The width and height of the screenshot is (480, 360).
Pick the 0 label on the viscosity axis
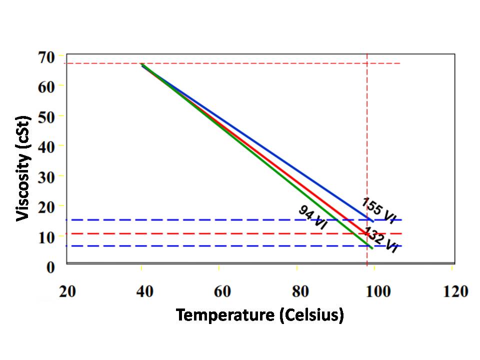click(x=51, y=267)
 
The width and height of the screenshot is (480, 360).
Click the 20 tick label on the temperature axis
click(x=67, y=291)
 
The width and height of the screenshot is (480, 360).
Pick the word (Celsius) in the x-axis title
click(x=311, y=315)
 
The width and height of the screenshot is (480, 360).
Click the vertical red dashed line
click(x=367, y=150)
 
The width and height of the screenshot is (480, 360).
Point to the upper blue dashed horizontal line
click(x=200, y=219)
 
